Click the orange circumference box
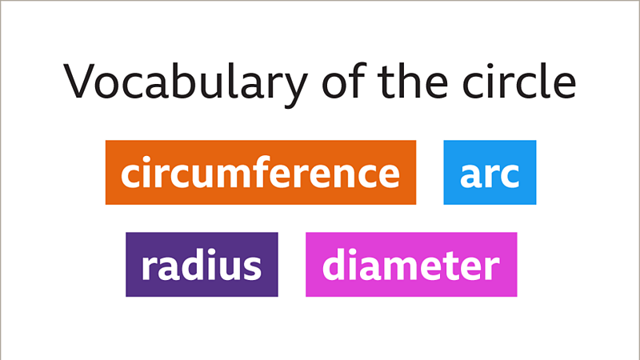260,173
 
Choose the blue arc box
490,173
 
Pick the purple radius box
202,265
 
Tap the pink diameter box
411,265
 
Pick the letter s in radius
252,267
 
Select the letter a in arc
470,175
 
